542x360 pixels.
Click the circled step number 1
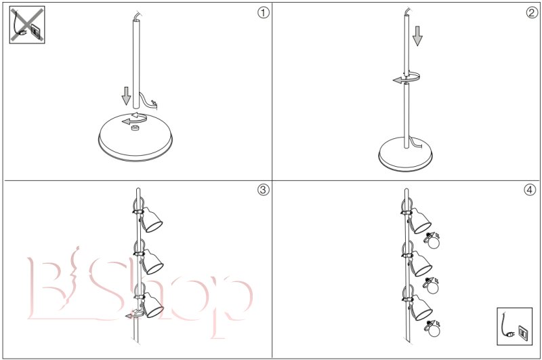point(264,13)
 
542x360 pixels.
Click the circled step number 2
point(532,13)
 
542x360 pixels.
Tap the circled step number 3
point(264,190)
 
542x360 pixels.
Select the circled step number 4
point(530,190)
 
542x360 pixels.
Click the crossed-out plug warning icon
point(27,25)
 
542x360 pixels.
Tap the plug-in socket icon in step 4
point(515,326)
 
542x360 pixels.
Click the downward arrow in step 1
point(127,96)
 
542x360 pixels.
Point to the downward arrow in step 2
point(417,36)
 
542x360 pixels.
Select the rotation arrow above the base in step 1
point(135,119)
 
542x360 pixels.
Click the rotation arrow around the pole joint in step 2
point(406,77)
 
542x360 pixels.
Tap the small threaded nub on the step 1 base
point(135,129)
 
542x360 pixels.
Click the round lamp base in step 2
point(405,154)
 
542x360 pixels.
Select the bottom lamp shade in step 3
point(153,305)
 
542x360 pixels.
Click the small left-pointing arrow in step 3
point(132,315)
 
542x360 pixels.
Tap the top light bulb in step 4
point(432,241)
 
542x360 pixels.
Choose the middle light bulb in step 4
point(432,285)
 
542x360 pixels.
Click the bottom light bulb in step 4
point(433,329)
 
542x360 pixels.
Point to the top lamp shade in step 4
point(421,221)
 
